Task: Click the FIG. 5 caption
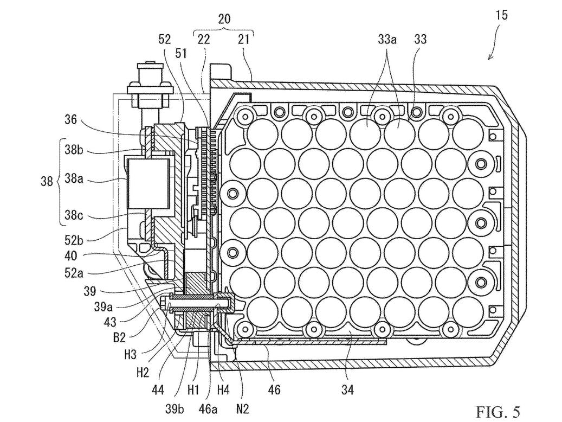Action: [x=498, y=411]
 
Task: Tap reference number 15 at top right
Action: [x=502, y=15]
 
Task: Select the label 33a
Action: [x=387, y=39]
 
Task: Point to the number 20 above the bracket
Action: [x=224, y=19]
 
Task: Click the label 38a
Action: [x=74, y=178]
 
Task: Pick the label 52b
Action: [x=74, y=240]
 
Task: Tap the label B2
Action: [x=119, y=338]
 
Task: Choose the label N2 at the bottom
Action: [x=242, y=408]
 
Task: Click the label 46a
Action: [x=208, y=408]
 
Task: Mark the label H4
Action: [x=223, y=389]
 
